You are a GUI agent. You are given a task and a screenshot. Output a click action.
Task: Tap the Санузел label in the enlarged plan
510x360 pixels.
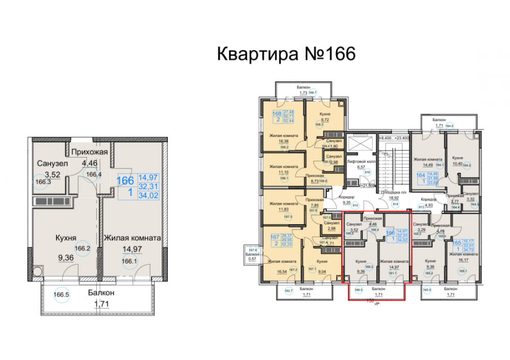click(x=50, y=163)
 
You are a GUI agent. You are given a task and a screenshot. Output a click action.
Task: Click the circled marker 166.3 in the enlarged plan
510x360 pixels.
click(x=43, y=182)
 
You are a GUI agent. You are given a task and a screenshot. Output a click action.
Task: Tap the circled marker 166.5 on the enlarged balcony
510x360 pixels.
click(x=62, y=294)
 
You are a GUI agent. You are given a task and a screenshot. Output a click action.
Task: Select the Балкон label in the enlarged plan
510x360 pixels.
click(x=100, y=293)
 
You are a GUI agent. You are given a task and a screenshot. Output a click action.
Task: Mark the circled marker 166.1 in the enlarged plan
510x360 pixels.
click(x=129, y=260)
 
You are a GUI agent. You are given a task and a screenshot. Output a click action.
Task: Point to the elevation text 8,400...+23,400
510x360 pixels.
click(x=397, y=138)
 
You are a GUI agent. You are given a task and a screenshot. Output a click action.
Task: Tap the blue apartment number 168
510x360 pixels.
click(x=277, y=114)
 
